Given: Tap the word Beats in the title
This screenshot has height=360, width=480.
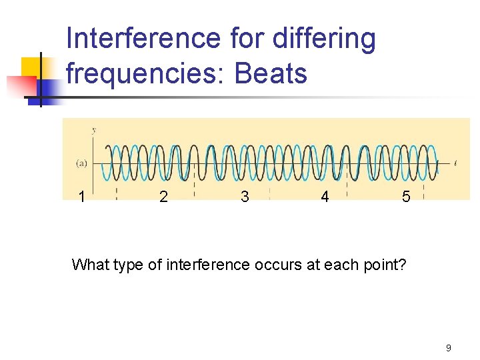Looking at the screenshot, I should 271,73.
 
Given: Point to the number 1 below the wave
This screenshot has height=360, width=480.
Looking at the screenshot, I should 81,197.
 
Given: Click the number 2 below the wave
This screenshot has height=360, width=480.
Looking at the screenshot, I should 163,197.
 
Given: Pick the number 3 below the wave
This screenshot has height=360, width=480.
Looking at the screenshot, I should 245,197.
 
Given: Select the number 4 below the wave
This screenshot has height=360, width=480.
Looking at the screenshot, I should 325,197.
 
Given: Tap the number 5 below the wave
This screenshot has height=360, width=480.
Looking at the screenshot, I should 406,197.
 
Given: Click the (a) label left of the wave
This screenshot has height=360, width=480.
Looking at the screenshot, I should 81,162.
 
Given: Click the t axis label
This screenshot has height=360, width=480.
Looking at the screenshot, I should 455,162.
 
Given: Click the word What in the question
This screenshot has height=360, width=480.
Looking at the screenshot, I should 91,265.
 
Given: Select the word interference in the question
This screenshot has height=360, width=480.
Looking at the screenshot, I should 200,265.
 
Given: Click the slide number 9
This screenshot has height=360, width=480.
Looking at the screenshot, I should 448,347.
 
